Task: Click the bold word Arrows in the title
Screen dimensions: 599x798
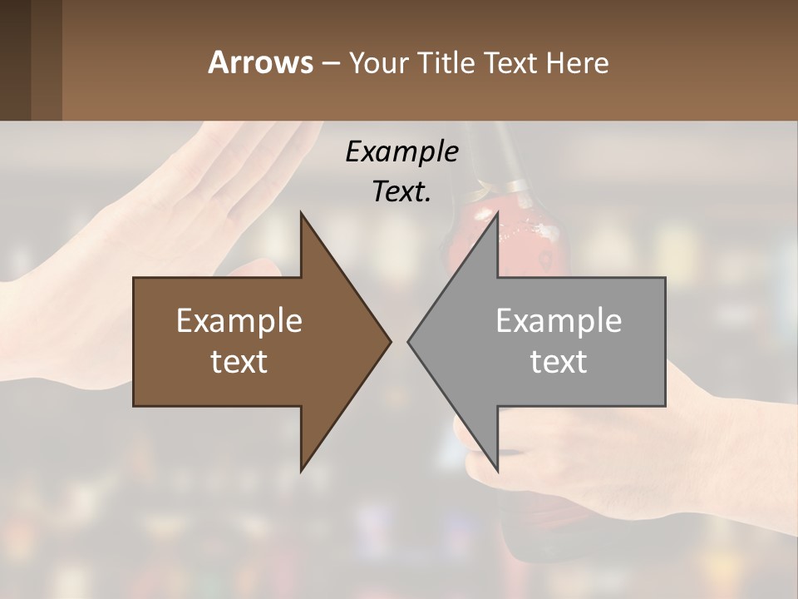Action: pyautogui.click(x=260, y=62)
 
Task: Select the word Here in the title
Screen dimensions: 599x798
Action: pyautogui.click(x=577, y=62)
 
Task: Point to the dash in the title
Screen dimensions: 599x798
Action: pyautogui.click(x=330, y=63)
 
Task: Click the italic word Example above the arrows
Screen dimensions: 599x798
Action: pyautogui.click(x=401, y=151)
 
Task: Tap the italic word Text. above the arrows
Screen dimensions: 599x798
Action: pyautogui.click(x=401, y=191)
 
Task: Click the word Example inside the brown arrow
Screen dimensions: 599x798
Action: pyautogui.click(x=239, y=320)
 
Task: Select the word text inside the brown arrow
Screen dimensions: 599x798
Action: pyautogui.click(x=239, y=361)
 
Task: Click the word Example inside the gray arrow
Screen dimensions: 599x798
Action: pyautogui.click(x=559, y=320)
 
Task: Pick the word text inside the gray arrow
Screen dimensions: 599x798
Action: pyautogui.click(x=559, y=361)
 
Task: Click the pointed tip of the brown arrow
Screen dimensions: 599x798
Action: pyautogui.click(x=389, y=341)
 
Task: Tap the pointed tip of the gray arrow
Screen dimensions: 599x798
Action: pyautogui.click(x=410, y=341)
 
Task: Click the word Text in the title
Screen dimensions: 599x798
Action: pyautogui.click(x=510, y=62)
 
